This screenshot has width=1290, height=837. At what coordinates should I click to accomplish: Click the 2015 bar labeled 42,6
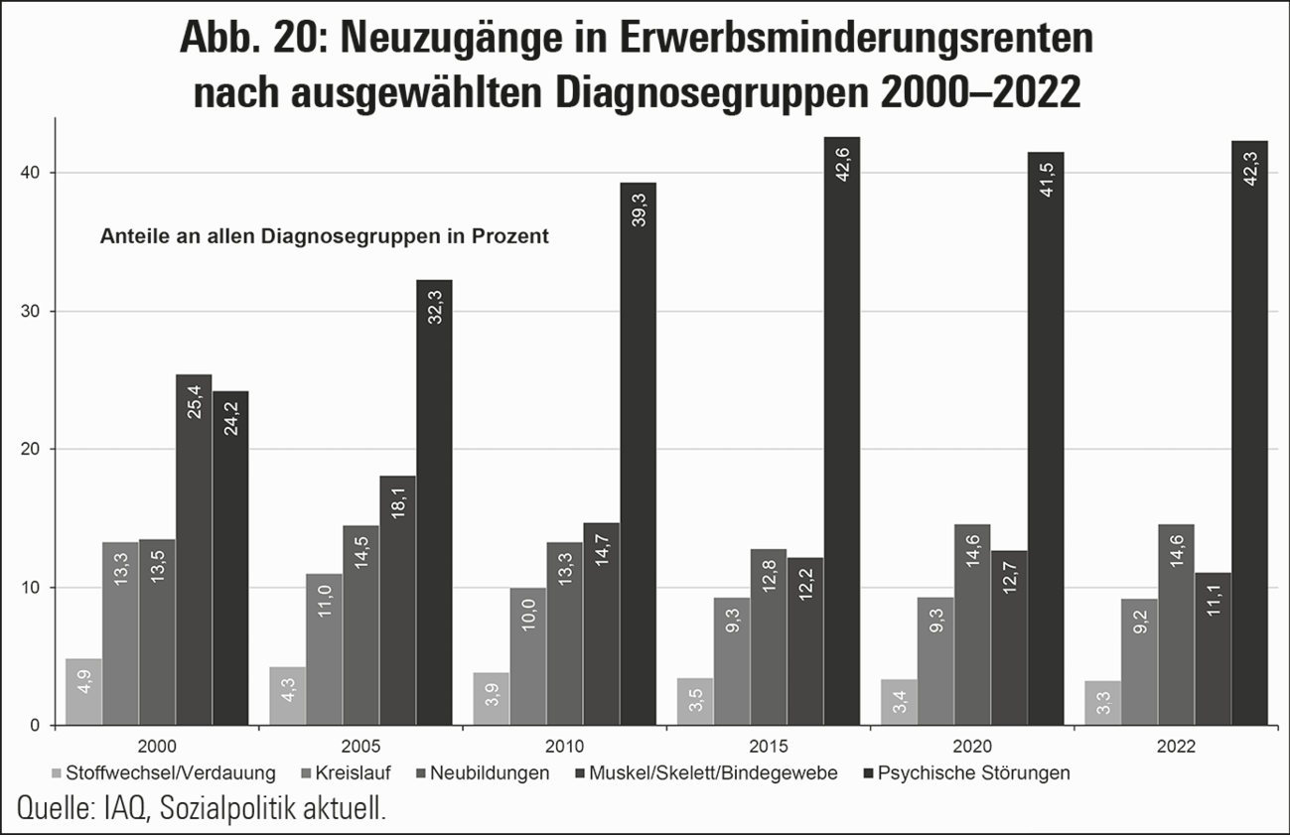coord(841,431)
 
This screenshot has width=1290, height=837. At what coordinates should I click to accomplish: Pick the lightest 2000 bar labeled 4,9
coord(83,691)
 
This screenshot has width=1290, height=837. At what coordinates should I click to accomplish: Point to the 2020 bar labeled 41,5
coord(1046,438)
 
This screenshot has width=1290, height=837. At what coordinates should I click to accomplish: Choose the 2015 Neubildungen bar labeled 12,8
coord(768,636)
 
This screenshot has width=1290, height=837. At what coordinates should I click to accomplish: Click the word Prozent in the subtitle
coord(513,237)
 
